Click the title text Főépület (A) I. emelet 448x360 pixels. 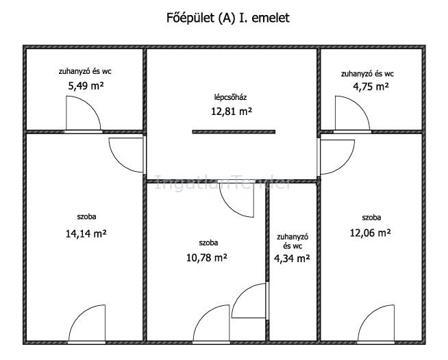point(227,18)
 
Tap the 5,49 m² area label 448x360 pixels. point(86,86)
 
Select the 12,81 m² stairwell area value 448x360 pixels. point(232,111)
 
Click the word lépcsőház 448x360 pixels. point(231,97)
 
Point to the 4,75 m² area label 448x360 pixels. point(371,86)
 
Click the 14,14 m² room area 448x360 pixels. point(86,234)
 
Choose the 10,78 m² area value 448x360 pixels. point(207,258)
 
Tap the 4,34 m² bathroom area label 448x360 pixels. point(292,259)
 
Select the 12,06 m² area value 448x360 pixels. point(371,233)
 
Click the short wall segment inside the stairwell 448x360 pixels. point(234,132)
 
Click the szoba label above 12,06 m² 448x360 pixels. point(371,218)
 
